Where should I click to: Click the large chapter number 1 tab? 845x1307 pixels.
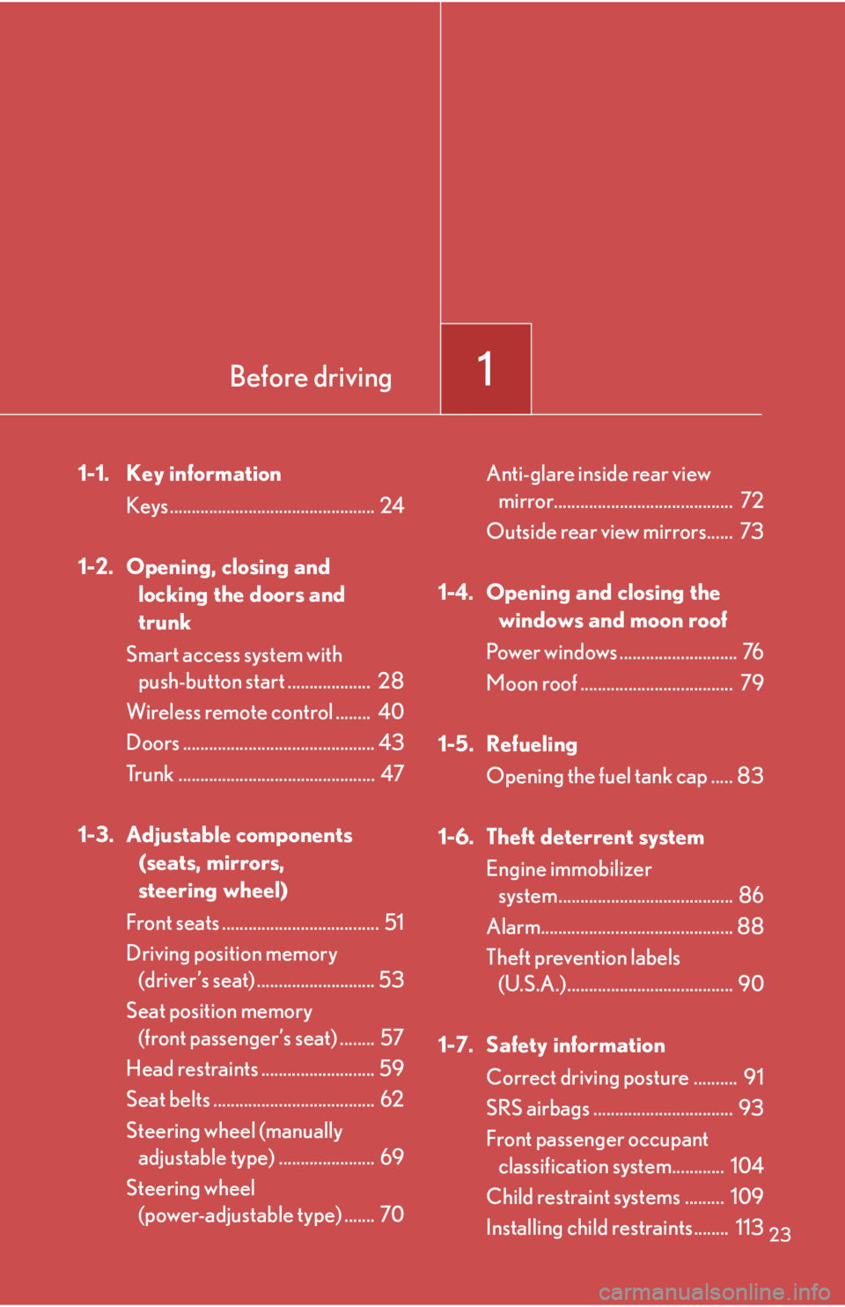point(485,368)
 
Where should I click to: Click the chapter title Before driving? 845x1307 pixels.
point(311,377)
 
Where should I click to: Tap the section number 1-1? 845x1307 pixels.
point(93,474)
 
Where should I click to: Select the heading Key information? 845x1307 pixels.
point(203,474)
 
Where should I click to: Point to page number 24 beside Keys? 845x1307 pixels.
point(392,506)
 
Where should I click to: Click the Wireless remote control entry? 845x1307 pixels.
point(230,712)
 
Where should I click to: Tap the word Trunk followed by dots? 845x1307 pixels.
point(151,774)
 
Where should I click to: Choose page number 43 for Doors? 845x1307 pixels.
point(392,742)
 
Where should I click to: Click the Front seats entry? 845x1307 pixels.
point(173,923)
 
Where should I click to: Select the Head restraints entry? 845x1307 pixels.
point(192,1069)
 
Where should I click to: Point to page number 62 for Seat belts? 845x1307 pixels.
point(392,1099)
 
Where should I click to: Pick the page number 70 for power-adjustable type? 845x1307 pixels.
point(392,1215)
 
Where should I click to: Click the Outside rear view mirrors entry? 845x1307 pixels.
point(596,532)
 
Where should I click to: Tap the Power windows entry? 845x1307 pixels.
point(552,653)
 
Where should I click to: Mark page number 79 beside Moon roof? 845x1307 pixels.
point(752,683)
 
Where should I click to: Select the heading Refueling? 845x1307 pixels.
point(532,744)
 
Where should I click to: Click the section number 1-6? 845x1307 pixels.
point(456,837)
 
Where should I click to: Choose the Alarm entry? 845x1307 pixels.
point(513,927)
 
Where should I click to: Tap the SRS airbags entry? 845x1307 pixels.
point(538,1108)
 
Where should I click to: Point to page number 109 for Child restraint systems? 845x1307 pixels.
point(746,1197)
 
